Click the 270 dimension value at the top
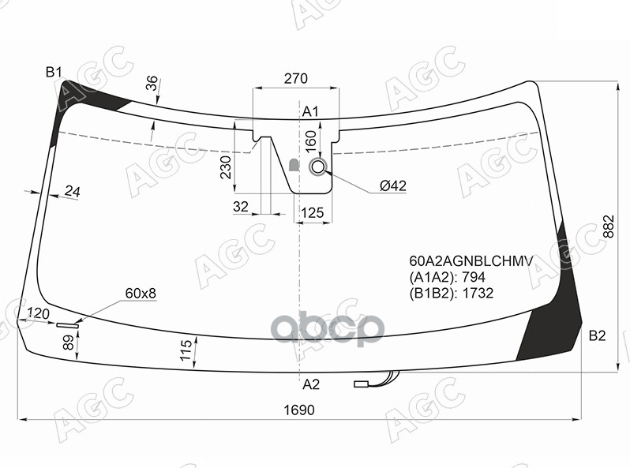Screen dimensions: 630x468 pyautogui.click(x=296, y=78)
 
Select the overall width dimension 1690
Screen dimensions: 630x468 pyautogui.click(x=299, y=410)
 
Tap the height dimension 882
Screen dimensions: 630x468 pyautogui.click(x=609, y=227)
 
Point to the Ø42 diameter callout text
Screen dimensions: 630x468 pyautogui.click(x=393, y=185)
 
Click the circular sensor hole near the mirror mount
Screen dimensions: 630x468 pyautogui.click(x=318, y=167)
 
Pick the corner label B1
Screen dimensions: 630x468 pyautogui.click(x=54, y=73)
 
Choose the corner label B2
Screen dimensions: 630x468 pyautogui.click(x=597, y=335)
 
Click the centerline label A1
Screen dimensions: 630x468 pyautogui.click(x=310, y=112)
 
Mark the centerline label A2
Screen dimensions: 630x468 pyautogui.click(x=310, y=384)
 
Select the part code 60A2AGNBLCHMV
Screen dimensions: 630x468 pyautogui.click(x=471, y=261)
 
